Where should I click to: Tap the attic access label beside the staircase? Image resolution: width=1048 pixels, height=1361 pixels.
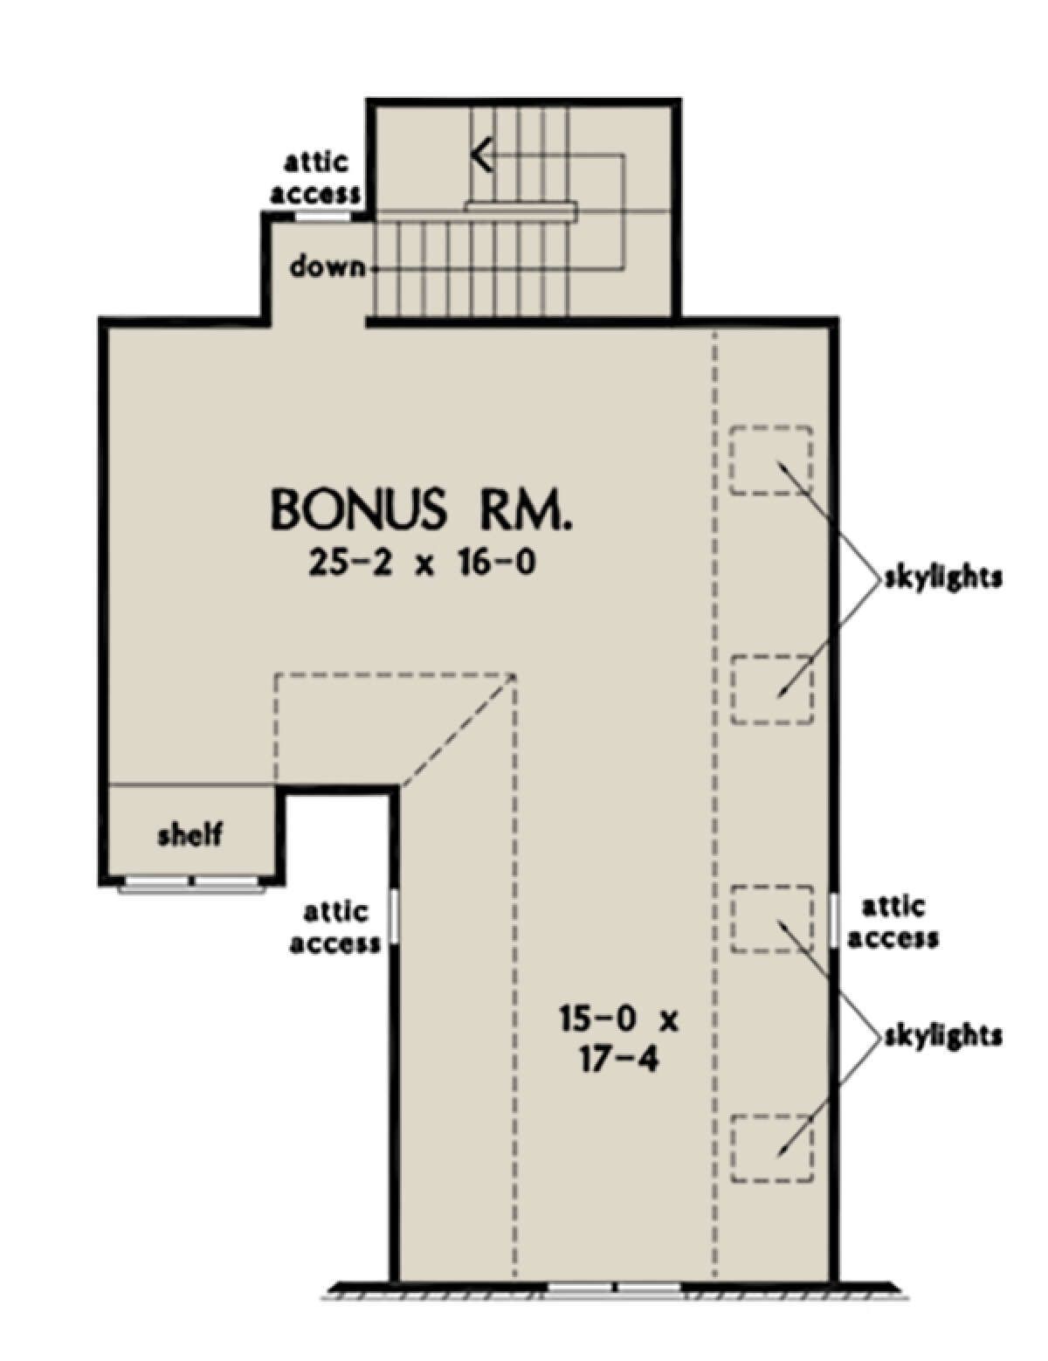pos(315,180)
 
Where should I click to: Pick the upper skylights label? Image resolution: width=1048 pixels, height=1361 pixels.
pos(942,578)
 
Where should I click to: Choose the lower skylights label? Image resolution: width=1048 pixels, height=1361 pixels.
pos(942,1037)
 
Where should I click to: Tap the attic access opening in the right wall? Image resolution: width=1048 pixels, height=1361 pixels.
pos(835,920)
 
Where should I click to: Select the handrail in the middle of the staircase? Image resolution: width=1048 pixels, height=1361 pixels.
pos(520,210)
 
